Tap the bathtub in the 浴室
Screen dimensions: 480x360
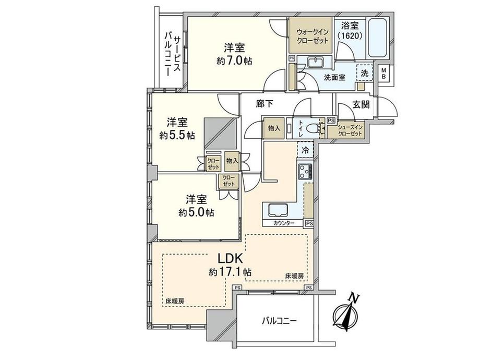click(378, 39)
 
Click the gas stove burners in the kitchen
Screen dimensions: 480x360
click(305, 172)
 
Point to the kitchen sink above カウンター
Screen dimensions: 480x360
click(279, 210)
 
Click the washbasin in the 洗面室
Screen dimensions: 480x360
click(315, 62)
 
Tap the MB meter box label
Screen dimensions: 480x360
click(383, 73)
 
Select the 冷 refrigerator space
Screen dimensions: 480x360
click(305, 150)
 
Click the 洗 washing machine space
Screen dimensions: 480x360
click(364, 73)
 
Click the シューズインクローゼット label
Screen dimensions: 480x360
click(350, 130)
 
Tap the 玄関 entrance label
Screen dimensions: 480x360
click(361, 105)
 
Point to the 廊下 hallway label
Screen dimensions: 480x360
click(265, 104)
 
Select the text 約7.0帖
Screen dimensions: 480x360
click(234, 61)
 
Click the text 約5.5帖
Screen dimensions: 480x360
click(177, 135)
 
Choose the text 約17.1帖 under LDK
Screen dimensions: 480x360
click(231, 271)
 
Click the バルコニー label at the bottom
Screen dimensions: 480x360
click(279, 321)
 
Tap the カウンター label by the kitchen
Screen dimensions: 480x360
click(284, 223)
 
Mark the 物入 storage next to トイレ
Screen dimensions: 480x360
click(274, 128)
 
